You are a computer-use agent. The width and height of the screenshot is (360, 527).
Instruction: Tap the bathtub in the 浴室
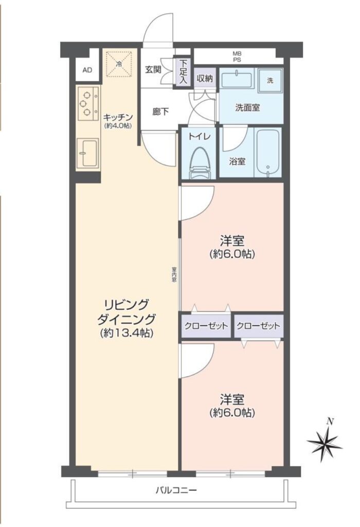tap(268, 152)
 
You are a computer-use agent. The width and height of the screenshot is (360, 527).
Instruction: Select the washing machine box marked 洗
tap(270, 81)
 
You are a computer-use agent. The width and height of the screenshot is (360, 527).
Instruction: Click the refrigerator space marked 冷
tap(119, 63)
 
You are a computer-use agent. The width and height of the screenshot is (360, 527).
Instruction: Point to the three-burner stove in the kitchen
tap(88, 103)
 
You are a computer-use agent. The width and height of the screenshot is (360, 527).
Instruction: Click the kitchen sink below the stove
tap(87, 152)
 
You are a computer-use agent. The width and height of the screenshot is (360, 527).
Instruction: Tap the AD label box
tap(87, 70)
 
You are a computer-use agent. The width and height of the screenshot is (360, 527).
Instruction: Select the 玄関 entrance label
tap(153, 70)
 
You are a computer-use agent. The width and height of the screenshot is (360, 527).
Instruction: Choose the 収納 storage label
tap(205, 79)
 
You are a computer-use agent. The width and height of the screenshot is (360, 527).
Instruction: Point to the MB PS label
tap(237, 57)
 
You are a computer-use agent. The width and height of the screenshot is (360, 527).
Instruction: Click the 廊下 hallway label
tap(160, 112)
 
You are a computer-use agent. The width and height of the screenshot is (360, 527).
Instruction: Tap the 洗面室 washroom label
tap(247, 108)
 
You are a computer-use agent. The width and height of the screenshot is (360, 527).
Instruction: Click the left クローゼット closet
tap(206, 326)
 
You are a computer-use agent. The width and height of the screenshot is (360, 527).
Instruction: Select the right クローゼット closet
tap(258, 326)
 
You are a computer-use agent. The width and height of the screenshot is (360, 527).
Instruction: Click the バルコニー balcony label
tap(176, 490)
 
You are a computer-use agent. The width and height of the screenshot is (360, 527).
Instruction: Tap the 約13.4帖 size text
tap(127, 333)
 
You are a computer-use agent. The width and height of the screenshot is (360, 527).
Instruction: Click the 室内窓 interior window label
tap(174, 275)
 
